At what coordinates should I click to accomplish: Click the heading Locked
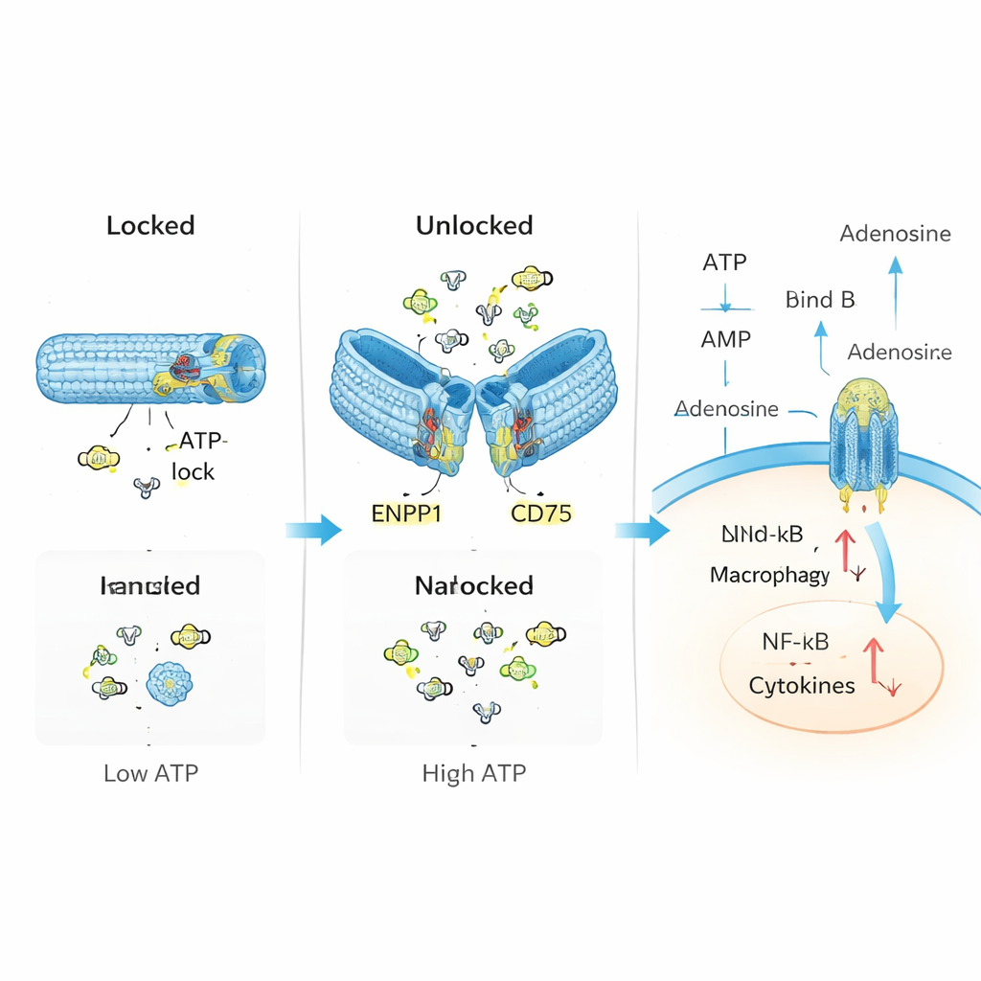(150, 226)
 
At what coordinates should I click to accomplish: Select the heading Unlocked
(473, 226)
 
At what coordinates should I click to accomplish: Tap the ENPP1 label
(405, 513)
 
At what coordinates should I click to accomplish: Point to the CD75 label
(540, 513)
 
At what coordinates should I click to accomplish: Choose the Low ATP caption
(151, 772)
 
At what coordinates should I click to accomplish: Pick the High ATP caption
(473, 772)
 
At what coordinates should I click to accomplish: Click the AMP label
(725, 338)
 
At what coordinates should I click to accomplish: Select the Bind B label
(819, 300)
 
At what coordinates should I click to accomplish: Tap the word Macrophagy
(769, 575)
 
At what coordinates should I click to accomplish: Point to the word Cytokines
(801, 686)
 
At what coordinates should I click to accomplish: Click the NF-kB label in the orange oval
(795, 643)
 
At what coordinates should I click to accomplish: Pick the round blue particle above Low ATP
(170, 682)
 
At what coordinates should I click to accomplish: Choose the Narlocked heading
(473, 585)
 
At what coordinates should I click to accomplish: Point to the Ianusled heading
(150, 585)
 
